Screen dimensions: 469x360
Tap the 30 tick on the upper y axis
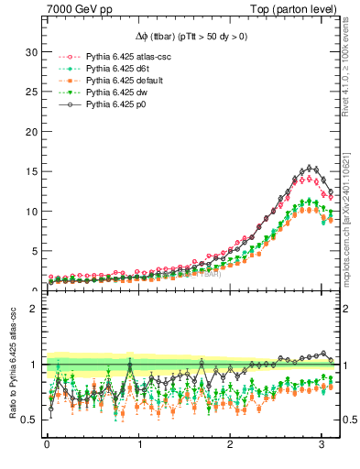point(31,52)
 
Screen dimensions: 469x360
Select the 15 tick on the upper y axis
point(31,171)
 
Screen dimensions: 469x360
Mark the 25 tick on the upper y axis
point(31,92)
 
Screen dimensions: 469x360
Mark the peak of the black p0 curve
point(311,168)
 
